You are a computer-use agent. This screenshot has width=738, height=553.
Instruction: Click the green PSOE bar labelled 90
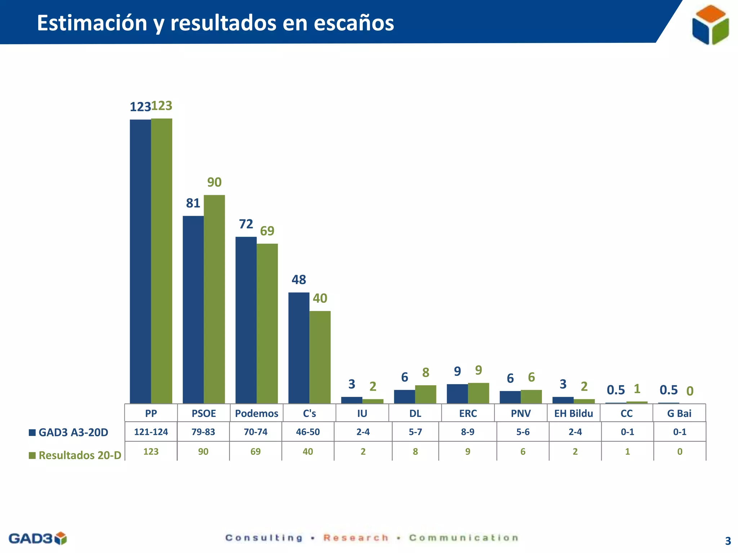click(214, 299)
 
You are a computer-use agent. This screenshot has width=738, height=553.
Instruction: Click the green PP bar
click(161, 261)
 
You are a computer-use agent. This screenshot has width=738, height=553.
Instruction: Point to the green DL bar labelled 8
click(426, 394)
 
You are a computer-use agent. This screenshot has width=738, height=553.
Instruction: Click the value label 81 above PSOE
click(193, 203)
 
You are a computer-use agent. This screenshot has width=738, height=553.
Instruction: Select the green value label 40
click(320, 298)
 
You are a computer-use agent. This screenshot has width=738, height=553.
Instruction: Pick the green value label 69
click(267, 231)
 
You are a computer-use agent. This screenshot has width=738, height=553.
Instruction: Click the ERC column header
click(468, 413)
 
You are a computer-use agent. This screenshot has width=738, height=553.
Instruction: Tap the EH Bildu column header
click(573, 413)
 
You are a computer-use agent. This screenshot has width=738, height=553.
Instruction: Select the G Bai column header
click(679, 413)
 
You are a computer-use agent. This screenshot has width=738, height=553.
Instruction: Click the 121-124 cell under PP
click(151, 432)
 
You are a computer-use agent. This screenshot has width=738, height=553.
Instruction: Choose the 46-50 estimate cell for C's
click(308, 432)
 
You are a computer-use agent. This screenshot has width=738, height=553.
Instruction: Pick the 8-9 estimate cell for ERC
click(468, 432)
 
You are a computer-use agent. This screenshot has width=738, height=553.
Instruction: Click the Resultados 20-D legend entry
click(75, 455)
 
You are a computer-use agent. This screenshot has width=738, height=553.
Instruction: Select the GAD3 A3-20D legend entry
click(69, 432)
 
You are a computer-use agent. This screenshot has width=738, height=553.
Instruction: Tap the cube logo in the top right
click(710, 24)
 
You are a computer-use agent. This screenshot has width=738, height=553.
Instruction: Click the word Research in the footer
click(356, 538)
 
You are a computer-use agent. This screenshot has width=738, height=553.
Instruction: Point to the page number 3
click(728, 541)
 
